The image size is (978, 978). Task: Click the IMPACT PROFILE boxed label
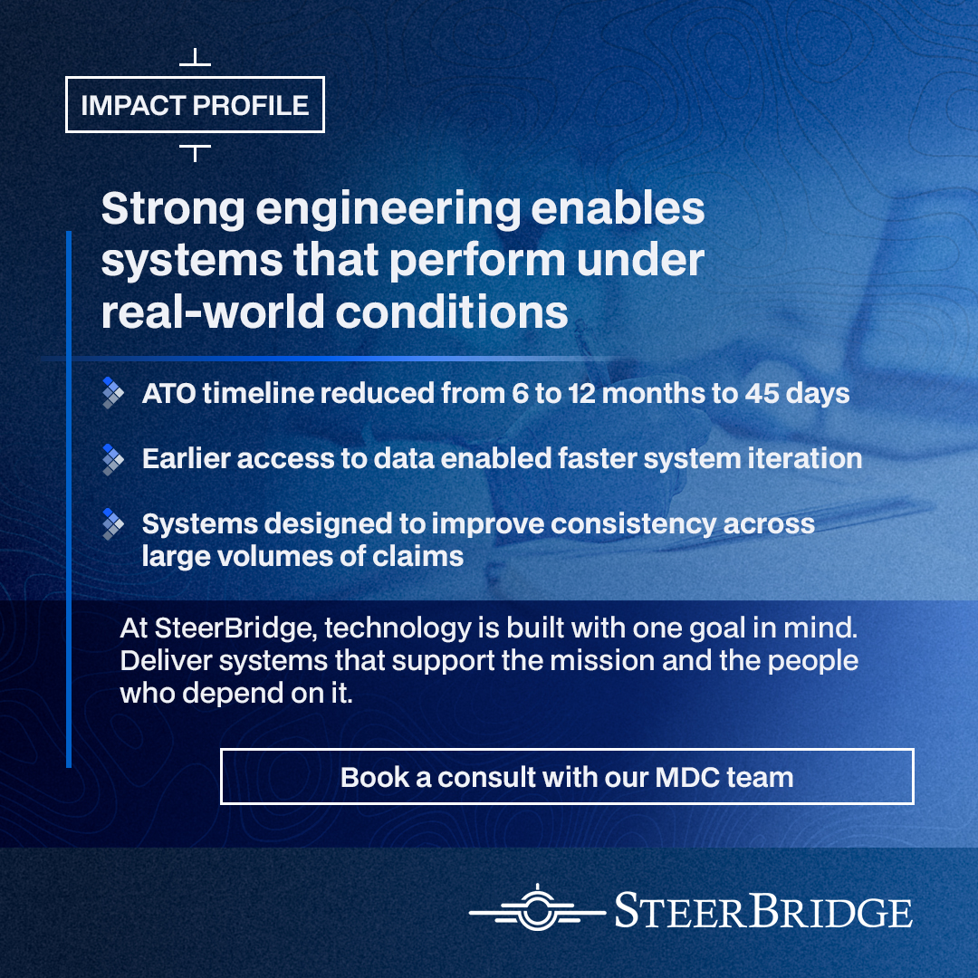coord(195,105)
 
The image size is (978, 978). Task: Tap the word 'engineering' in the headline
coord(388,210)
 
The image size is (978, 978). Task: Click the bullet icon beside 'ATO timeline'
coord(113,393)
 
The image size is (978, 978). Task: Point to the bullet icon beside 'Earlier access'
coord(113,459)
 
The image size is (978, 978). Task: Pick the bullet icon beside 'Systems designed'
coord(113,524)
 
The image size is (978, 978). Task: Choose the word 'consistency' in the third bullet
coord(633,524)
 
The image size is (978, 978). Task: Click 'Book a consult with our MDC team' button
coord(567,777)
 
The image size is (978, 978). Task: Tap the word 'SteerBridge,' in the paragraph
coord(235,628)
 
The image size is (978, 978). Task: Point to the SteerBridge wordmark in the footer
coord(763,911)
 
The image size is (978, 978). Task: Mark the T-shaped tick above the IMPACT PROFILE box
coord(195,57)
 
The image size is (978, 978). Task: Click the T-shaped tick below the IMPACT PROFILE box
coord(195,153)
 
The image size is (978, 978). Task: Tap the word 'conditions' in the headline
coord(452,312)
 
